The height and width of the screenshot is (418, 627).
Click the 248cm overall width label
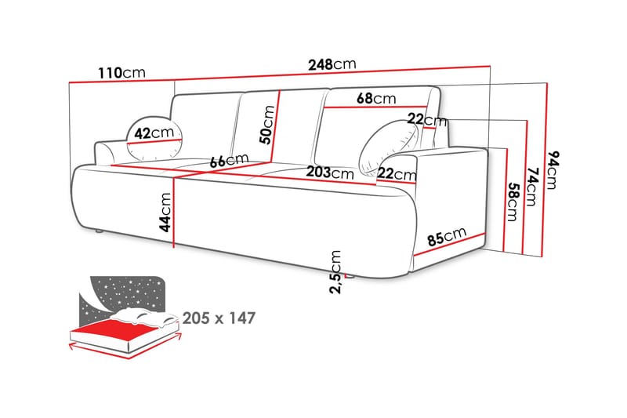pos(332,64)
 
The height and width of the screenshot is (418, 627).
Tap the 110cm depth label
pos(121,73)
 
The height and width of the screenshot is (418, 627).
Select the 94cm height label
pos(553,169)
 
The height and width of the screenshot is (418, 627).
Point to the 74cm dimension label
pos(533,187)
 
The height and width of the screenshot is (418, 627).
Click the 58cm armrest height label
pos(513,202)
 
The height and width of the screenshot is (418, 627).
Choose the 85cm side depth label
pos(447,236)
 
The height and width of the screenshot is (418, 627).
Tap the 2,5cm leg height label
pos(336,272)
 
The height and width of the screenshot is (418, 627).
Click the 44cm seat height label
pos(165,212)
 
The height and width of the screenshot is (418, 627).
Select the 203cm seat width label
pos(330,173)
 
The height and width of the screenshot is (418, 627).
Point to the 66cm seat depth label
pos(229,161)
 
